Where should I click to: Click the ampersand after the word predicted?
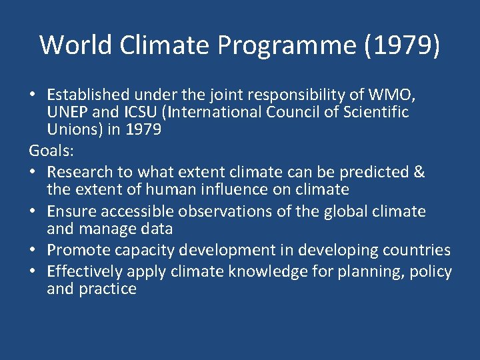[x=419, y=171]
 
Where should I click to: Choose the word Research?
[x=79, y=171]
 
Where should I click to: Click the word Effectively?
[x=83, y=271]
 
